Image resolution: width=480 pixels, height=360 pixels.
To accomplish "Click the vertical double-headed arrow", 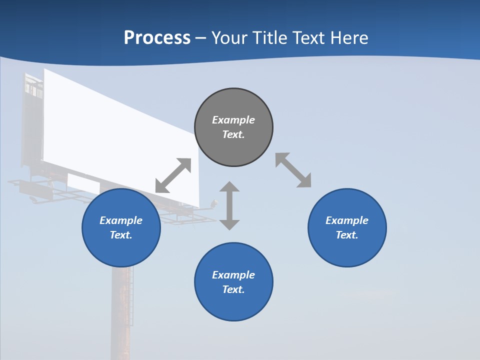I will (229, 205).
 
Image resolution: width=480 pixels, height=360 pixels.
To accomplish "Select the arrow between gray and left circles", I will (173, 175).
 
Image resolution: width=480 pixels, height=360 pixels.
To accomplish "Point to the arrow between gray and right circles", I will (293, 170).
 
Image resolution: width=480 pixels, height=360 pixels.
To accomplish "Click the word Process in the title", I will (157, 37).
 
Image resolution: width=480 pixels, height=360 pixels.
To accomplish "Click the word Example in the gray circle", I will (233, 120).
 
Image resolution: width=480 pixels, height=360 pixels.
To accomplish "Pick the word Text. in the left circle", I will (121, 235).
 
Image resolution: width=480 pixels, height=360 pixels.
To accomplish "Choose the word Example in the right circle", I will (347, 220).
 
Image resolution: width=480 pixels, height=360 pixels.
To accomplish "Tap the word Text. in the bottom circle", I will (233, 289).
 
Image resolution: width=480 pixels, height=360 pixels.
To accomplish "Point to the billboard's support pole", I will (121, 310).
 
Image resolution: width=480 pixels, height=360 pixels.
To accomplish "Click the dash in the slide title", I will (201, 38).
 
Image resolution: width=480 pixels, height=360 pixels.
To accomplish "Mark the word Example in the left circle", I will (121, 220).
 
